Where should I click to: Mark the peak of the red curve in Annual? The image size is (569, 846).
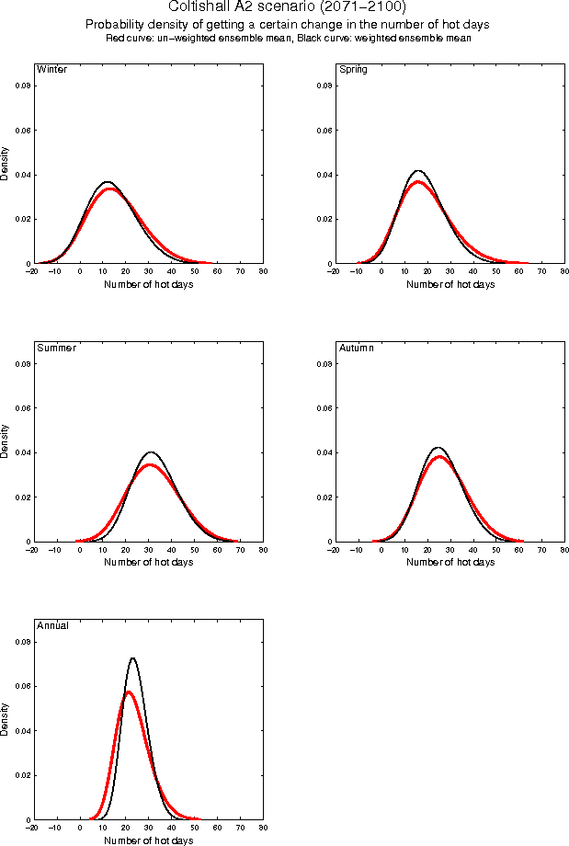pos(129,692)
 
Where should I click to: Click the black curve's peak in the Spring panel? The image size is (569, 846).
pos(418,171)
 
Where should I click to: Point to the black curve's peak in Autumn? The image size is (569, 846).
pos(438,448)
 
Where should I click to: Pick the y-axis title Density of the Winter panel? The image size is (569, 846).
pos(6,162)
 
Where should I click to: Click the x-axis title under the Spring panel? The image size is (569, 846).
pos(450,284)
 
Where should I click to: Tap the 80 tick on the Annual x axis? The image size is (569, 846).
pos(263,828)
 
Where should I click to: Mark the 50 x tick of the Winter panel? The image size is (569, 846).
pos(194,272)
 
